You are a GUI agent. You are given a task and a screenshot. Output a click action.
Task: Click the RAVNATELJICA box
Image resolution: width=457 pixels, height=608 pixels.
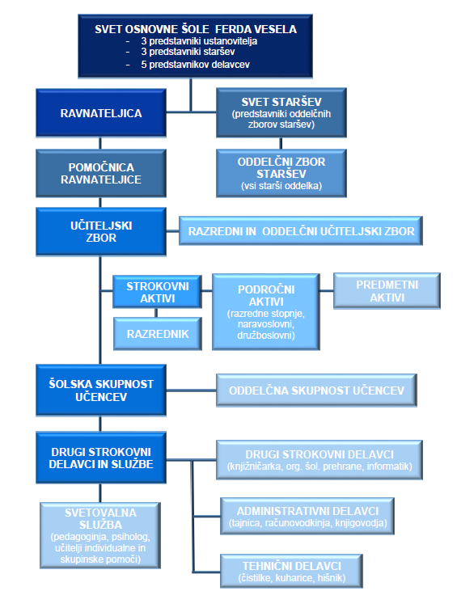click(x=101, y=113)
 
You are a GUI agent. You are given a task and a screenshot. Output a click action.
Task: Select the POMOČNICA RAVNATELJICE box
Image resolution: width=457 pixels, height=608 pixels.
click(x=101, y=173)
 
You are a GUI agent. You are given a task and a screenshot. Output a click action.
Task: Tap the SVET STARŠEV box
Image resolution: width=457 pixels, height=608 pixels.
click(x=281, y=112)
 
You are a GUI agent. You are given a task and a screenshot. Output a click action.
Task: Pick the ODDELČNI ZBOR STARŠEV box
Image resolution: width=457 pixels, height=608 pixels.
click(x=281, y=173)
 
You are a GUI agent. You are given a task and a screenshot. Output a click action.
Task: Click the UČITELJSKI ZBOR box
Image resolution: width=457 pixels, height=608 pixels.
click(x=101, y=232)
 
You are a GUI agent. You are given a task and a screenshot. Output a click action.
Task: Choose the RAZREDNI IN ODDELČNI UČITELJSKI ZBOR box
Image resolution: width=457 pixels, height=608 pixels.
click(x=301, y=231)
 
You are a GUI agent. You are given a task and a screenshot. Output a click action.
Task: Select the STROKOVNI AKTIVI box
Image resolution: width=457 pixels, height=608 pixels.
click(x=157, y=292)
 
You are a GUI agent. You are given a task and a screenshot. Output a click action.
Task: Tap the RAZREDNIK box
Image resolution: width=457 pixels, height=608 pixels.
click(x=158, y=334)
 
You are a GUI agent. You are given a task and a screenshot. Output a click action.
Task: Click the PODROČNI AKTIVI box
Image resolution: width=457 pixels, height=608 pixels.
click(x=266, y=312)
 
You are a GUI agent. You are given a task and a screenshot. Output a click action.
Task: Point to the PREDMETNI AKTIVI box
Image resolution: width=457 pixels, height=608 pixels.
click(x=387, y=291)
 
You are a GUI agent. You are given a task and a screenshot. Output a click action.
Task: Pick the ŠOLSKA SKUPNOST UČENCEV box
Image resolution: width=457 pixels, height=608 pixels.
click(x=101, y=391)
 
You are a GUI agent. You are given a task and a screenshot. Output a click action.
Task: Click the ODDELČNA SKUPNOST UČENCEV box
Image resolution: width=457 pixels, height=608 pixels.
click(x=316, y=391)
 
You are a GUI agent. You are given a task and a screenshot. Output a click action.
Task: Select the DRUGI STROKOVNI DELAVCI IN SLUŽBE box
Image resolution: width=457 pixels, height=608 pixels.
click(x=101, y=458)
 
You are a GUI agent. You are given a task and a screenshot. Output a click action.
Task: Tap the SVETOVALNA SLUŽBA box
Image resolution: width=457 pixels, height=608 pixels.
click(x=100, y=536)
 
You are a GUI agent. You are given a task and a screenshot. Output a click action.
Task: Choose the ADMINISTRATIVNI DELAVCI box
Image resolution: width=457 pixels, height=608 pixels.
click(x=307, y=516)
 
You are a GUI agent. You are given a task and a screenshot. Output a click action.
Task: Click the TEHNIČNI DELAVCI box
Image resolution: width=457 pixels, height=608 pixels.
click(x=291, y=571)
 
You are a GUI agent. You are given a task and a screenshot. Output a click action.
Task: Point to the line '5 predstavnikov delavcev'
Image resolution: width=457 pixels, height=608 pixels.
click(x=195, y=65)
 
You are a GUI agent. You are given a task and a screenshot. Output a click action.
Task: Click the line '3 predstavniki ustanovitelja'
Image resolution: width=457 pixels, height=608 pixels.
click(x=199, y=41)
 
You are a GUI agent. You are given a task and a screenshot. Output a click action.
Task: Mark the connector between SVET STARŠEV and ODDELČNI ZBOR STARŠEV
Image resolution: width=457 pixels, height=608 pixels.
click(x=281, y=143)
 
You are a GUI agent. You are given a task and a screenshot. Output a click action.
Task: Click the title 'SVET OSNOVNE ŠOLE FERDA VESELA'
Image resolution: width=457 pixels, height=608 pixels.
click(x=196, y=29)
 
